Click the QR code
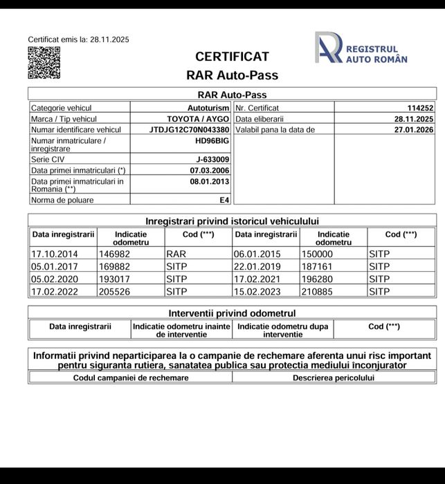click(x=44, y=63)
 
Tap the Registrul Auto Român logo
click(x=361, y=49)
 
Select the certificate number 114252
click(x=419, y=108)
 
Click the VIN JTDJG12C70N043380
click(x=189, y=129)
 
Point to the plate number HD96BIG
click(x=212, y=140)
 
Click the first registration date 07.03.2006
click(x=210, y=170)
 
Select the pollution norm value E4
click(x=224, y=201)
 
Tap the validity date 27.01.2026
click(x=414, y=129)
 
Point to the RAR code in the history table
click(x=176, y=254)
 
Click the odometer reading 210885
click(x=318, y=291)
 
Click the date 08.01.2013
click(x=210, y=182)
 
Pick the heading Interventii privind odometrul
click(x=232, y=313)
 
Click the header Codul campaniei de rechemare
click(x=131, y=378)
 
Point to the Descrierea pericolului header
click(x=333, y=378)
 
